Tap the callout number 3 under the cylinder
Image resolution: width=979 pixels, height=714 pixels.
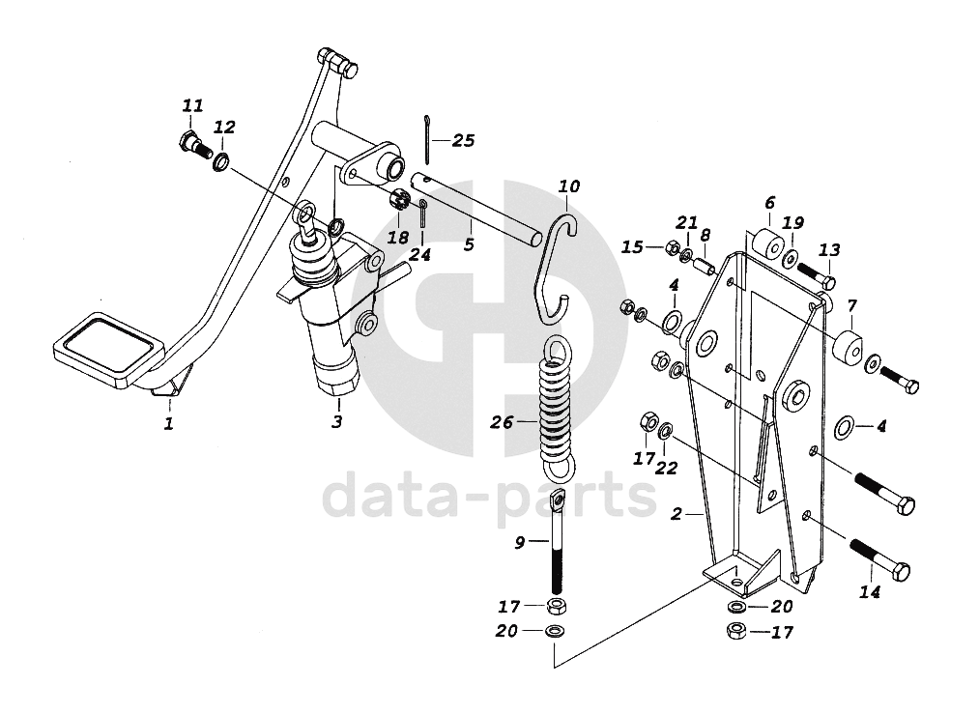point(337,421)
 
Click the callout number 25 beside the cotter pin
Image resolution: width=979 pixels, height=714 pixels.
point(463,141)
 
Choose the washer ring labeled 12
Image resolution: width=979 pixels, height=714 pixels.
point(220,160)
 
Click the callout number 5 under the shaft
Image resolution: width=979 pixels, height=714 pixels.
point(469,244)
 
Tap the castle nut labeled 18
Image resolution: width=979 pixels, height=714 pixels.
point(396,202)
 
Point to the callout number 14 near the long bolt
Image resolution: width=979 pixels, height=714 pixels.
point(870,591)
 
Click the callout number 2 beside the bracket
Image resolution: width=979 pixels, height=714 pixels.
point(678,514)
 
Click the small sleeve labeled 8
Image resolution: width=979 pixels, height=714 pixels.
point(706,262)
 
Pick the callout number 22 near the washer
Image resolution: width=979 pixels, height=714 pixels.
point(667,468)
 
